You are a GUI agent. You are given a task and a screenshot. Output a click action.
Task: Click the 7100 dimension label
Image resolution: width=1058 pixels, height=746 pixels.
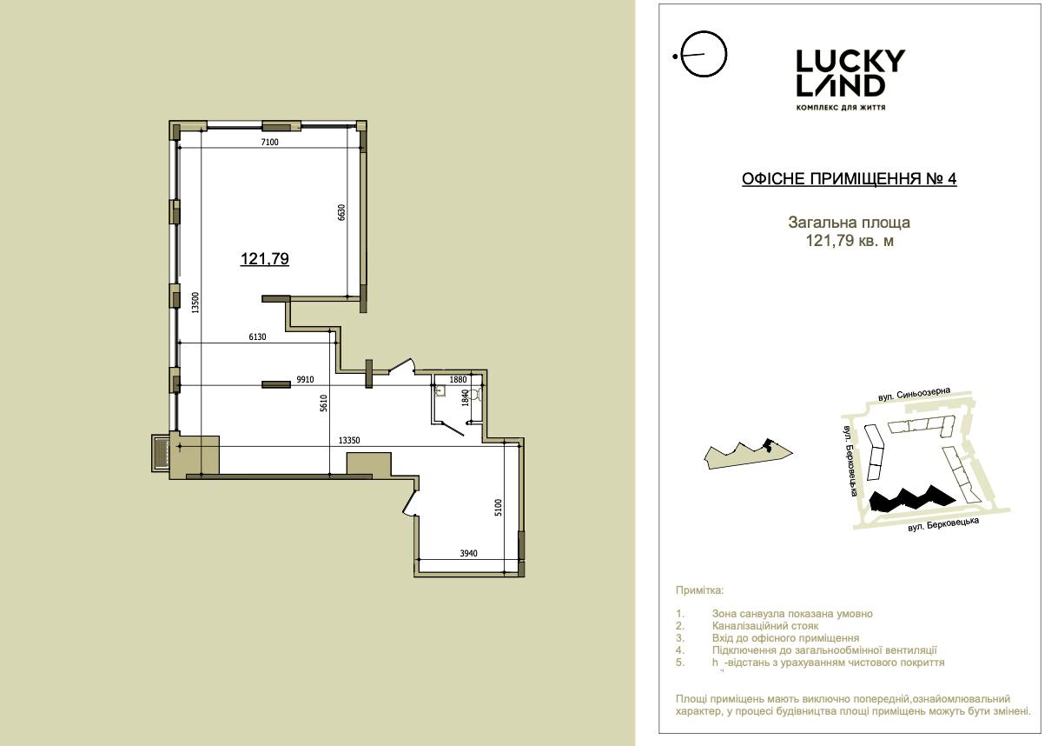click(x=269, y=142)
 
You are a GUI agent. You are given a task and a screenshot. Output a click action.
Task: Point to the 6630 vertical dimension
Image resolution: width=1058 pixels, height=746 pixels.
click(x=341, y=212)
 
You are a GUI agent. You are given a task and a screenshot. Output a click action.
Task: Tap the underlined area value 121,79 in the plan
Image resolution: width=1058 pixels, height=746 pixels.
click(x=264, y=258)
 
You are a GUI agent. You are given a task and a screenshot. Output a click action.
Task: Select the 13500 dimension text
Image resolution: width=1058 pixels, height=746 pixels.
click(x=195, y=303)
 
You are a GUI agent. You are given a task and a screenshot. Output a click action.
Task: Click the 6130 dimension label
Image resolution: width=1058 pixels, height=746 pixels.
click(x=257, y=336)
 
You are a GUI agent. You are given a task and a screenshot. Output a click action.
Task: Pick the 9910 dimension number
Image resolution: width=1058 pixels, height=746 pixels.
click(x=305, y=379)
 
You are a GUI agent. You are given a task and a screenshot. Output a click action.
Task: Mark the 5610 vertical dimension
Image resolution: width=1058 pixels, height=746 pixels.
click(x=323, y=403)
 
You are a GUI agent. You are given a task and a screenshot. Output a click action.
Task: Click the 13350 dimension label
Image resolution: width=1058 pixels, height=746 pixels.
click(x=349, y=440)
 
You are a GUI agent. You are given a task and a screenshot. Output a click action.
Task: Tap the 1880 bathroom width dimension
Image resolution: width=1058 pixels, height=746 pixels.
click(x=458, y=379)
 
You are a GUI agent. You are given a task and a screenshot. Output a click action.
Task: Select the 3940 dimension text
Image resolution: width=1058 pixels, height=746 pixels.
click(x=468, y=553)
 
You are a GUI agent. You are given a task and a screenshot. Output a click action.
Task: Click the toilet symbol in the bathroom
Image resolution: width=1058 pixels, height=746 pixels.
click(x=475, y=393)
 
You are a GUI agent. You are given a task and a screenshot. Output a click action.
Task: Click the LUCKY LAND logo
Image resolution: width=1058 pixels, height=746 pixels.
click(x=850, y=79)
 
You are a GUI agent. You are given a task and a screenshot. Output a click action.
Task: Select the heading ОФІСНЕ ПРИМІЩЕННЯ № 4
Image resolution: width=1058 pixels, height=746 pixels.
click(x=850, y=179)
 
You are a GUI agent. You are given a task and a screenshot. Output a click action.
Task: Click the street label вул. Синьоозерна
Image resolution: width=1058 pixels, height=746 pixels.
click(x=914, y=394)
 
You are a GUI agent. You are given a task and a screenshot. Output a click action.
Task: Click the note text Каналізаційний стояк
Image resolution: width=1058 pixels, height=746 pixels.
click(x=765, y=625)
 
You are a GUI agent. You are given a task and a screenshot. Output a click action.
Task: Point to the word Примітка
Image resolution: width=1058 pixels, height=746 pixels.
click(x=699, y=590)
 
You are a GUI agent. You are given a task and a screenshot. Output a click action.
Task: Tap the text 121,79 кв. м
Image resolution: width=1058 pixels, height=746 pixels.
click(x=850, y=241)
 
